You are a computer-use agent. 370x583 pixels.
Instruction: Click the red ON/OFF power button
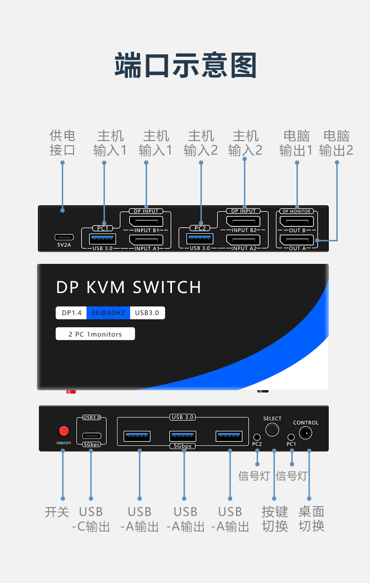coord(63,431)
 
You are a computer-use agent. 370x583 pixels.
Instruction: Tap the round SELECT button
coord(272,429)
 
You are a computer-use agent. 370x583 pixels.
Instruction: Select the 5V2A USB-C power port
coord(64,237)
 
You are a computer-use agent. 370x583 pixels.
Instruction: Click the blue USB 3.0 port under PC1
coord(103,239)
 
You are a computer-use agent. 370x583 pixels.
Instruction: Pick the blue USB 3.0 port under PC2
coord(200,239)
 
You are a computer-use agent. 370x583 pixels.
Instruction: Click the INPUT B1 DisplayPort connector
coord(146,221)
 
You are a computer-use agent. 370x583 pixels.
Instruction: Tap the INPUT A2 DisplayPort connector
coord(244,239)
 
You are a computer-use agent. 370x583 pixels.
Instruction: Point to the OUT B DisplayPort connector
coord(296,221)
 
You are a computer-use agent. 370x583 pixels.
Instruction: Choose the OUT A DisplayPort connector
coord(296,240)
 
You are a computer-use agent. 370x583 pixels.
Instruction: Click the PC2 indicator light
coord(257,437)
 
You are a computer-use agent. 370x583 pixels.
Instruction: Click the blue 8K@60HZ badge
coord(108,313)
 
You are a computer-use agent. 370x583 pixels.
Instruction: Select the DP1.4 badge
coord(71,313)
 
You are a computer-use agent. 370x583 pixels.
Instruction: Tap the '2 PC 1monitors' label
coord(95,334)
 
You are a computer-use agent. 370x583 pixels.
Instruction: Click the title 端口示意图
coord(185,65)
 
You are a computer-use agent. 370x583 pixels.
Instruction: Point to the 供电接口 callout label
coord(62,143)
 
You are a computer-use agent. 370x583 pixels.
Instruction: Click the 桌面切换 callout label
coord(311,518)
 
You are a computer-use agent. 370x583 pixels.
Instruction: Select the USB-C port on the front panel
coord(91,434)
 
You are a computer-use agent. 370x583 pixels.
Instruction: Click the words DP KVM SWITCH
coord(128,287)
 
